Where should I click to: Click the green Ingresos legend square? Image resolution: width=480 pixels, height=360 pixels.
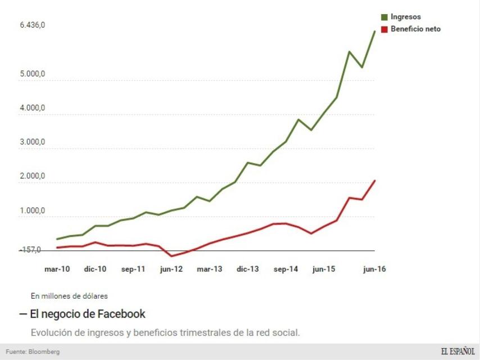click(384, 17)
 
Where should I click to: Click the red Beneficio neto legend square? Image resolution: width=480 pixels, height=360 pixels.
click(384, 29)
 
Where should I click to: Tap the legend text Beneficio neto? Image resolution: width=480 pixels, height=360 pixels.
click(415, 29)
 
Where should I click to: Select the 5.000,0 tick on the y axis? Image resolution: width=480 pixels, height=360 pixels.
click(32, 74)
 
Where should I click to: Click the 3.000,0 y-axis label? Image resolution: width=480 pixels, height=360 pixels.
click(32, 142)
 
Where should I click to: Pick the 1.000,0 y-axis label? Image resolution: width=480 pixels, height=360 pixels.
click(32, 211)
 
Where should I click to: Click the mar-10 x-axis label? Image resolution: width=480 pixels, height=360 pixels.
click(57, 269)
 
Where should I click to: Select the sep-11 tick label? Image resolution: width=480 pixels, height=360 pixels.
click(133, 269)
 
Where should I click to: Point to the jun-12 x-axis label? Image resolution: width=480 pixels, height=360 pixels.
click(171, 269)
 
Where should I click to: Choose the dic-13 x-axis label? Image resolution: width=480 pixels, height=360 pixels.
click(247, 269)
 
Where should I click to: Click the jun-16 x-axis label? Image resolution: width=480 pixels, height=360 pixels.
click(374, 269)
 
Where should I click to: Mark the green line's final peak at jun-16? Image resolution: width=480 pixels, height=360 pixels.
click(375, 31)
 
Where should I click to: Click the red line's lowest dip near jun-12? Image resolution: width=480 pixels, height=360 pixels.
click(172, 256)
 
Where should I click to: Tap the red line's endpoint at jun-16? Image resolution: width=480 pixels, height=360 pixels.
click(375, 181)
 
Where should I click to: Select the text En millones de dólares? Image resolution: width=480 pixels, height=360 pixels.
click(69, 295)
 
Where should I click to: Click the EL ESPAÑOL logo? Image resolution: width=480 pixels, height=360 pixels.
click(458, 352)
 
